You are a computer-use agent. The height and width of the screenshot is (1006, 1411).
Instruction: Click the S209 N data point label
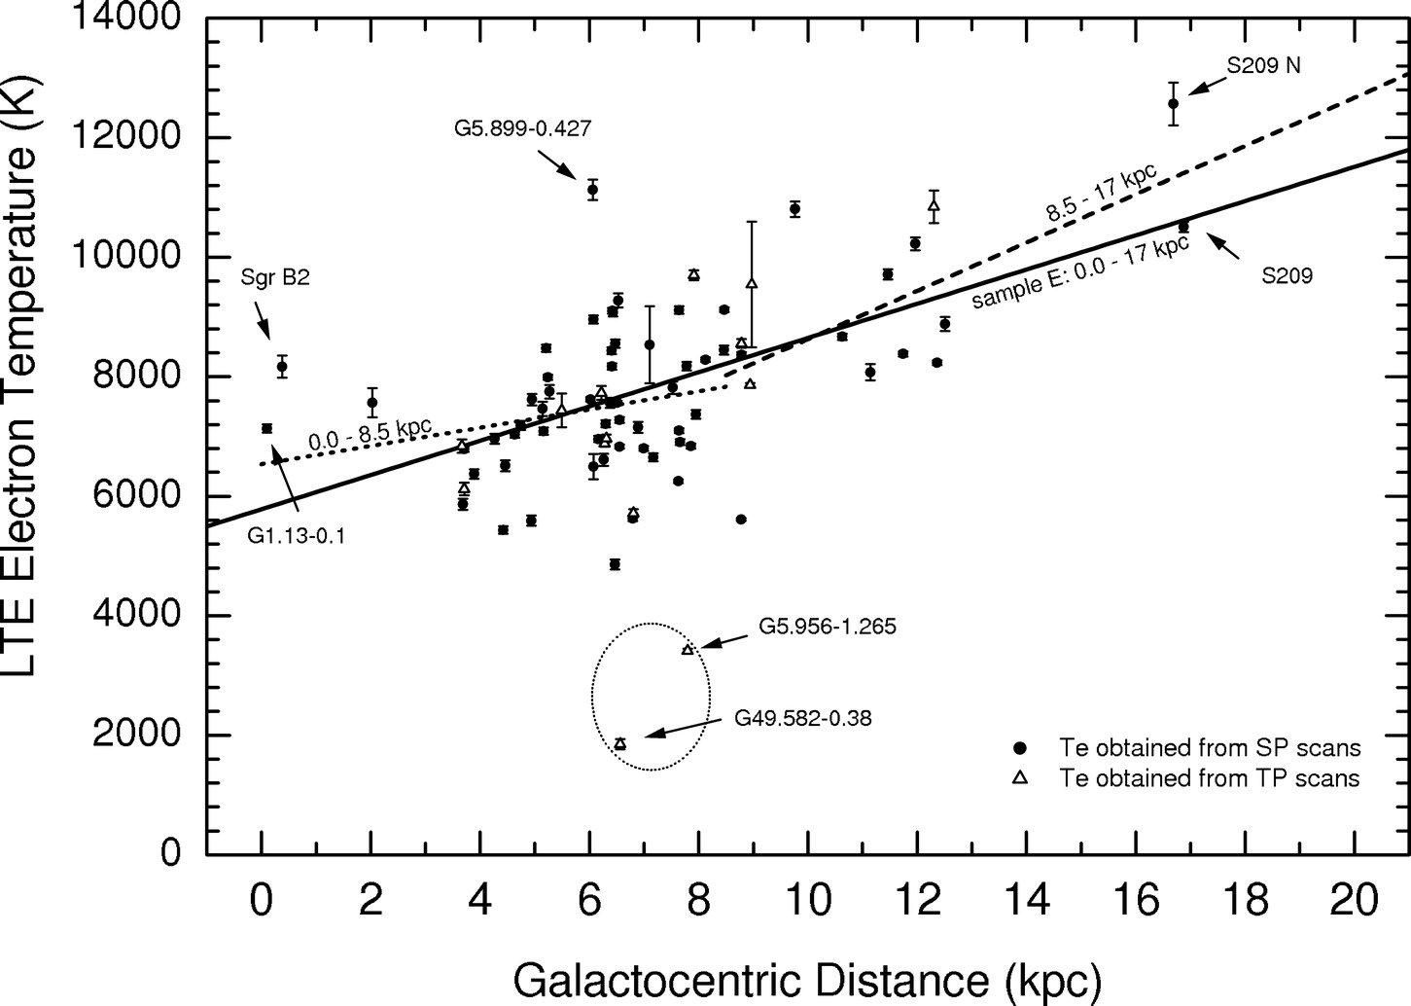(1262, 66)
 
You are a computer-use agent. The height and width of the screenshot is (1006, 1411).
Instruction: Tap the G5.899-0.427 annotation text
(522, 127)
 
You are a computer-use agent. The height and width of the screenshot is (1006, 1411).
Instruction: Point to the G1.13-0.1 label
(297, 534)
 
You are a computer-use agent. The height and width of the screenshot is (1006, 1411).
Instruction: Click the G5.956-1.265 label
(828, 627)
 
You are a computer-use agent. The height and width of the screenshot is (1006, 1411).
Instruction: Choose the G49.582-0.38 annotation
(803, 719)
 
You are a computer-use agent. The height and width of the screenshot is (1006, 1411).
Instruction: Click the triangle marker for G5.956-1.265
(688, 649)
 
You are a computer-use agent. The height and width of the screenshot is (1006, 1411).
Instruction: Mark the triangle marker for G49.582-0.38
(620, 743)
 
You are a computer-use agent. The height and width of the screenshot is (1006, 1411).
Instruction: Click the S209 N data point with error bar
(1174, 103)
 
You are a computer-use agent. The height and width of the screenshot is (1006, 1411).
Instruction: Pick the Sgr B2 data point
(282, 367)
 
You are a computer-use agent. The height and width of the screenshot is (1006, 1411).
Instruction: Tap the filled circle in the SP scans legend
(1020, 748)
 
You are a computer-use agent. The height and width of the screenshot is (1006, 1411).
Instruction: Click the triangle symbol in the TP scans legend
(1020, 777)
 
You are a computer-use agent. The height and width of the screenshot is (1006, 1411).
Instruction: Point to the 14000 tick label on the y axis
(127, 18)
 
